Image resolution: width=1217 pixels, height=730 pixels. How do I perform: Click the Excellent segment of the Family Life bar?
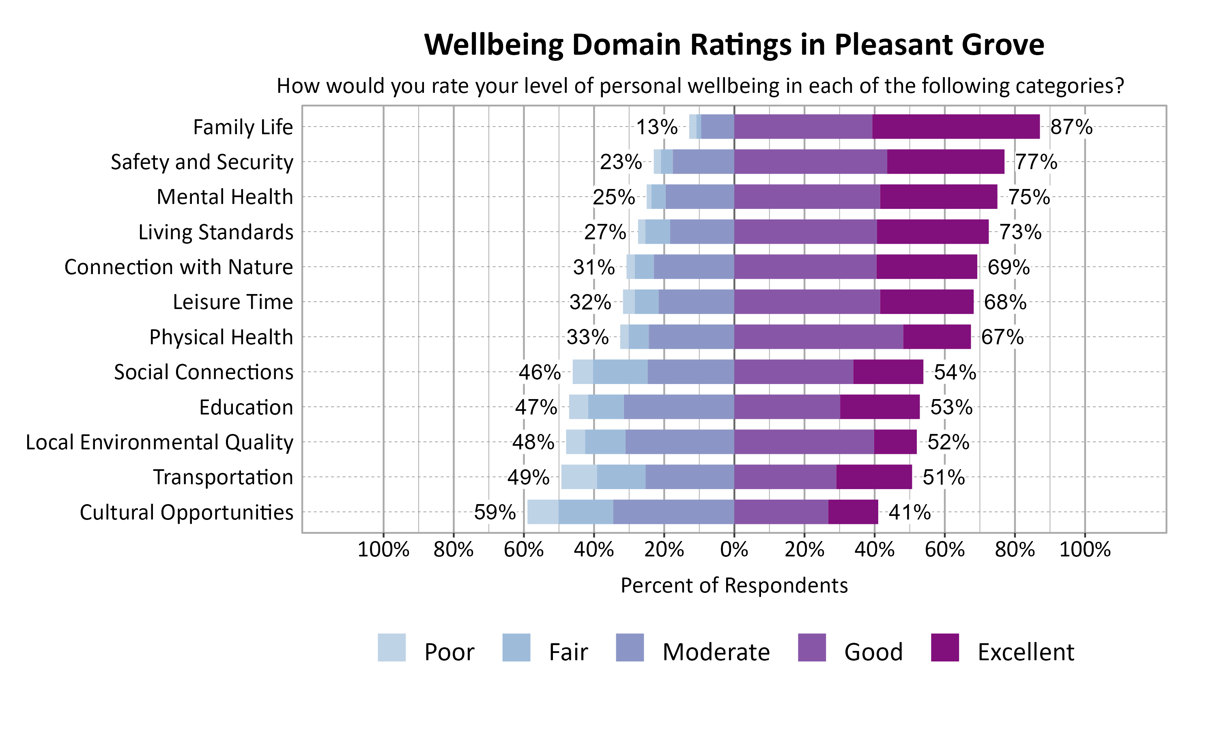[956, 127]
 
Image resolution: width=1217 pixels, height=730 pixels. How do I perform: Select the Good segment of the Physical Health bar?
[819, 337]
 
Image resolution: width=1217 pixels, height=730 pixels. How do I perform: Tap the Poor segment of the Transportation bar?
[579, 477]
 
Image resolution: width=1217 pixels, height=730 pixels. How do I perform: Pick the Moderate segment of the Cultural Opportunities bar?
[673, 512]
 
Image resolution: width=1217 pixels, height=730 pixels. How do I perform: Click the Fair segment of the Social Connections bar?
[620, 372]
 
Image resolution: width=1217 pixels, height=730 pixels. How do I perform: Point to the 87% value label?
[1071, 127]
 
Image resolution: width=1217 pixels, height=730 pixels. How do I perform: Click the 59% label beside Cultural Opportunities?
[495, 513]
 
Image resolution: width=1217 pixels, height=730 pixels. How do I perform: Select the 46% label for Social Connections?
[539, 372]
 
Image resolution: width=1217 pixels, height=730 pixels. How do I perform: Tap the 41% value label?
[909, 513]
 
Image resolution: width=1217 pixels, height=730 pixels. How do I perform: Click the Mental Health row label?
[225, 197]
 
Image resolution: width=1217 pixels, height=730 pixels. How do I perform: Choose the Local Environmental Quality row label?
[159, 442]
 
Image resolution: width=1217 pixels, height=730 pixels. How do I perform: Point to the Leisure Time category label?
[233, 302]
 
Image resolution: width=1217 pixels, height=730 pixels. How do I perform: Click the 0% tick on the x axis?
[734, 550]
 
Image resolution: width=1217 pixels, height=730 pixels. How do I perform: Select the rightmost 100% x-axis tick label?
[1085, 550]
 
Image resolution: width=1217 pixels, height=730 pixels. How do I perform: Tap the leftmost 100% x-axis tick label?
[383, 550]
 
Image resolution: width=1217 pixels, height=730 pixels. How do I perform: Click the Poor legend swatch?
[391, 647]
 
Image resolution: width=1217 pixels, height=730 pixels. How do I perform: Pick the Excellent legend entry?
[1025, 652]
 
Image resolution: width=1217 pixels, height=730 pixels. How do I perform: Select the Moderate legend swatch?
[630, 647]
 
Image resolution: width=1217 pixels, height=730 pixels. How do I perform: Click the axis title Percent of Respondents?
[734, 585]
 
